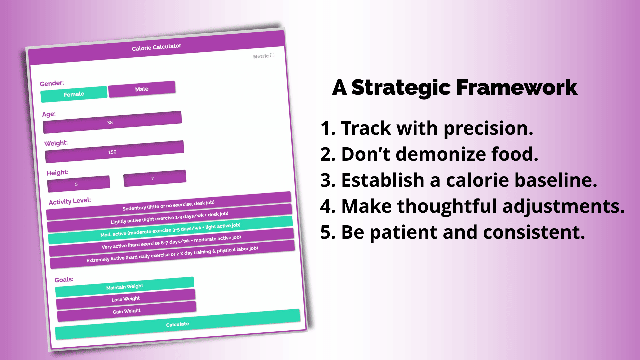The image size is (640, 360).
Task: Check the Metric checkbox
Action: coord(272,55)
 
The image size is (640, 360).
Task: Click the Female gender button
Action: coord(74,94)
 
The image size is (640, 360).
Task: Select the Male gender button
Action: coord(142,89)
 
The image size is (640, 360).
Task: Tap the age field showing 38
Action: coord(112,122)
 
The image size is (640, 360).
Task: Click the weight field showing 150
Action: coord(114,152)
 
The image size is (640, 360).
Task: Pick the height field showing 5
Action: coord(79,184)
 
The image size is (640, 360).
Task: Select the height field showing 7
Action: coord(155,178)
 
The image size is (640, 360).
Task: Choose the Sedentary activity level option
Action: coord(169,206)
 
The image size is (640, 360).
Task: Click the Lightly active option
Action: coord(170,218)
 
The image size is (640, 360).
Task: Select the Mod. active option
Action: coord(170,230)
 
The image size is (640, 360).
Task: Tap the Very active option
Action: coord(171,242)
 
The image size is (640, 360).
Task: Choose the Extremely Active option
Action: coord(172,254)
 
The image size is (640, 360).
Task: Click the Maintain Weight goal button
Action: coord(125,287)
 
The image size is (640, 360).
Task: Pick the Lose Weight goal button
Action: coord(126,299)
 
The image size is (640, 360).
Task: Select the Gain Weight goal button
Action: coord(127,311)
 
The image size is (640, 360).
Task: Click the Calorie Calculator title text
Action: coord(157,47)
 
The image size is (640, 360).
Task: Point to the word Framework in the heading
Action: coord(517,87)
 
